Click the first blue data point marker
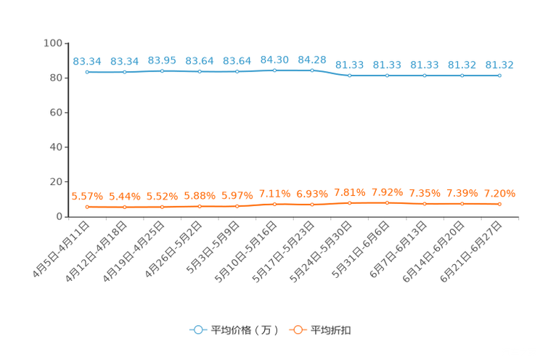coord(87,72)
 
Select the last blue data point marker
coord(499,75)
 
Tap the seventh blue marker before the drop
coord(312,70)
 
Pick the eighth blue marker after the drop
coord(350,75)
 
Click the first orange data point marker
coord(87,207)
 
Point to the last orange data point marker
coord(499,204)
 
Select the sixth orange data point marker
coord(274,205)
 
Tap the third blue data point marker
coord(162,71)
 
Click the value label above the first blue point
coord(87,61)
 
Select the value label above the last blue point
coord(499,64)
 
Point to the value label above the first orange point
coord(87,197)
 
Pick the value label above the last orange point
coord(499,194)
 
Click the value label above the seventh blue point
coord(312,59)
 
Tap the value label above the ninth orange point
coord(387,192)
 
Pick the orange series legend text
coord(331,330)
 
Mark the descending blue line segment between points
coord(331,73)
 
